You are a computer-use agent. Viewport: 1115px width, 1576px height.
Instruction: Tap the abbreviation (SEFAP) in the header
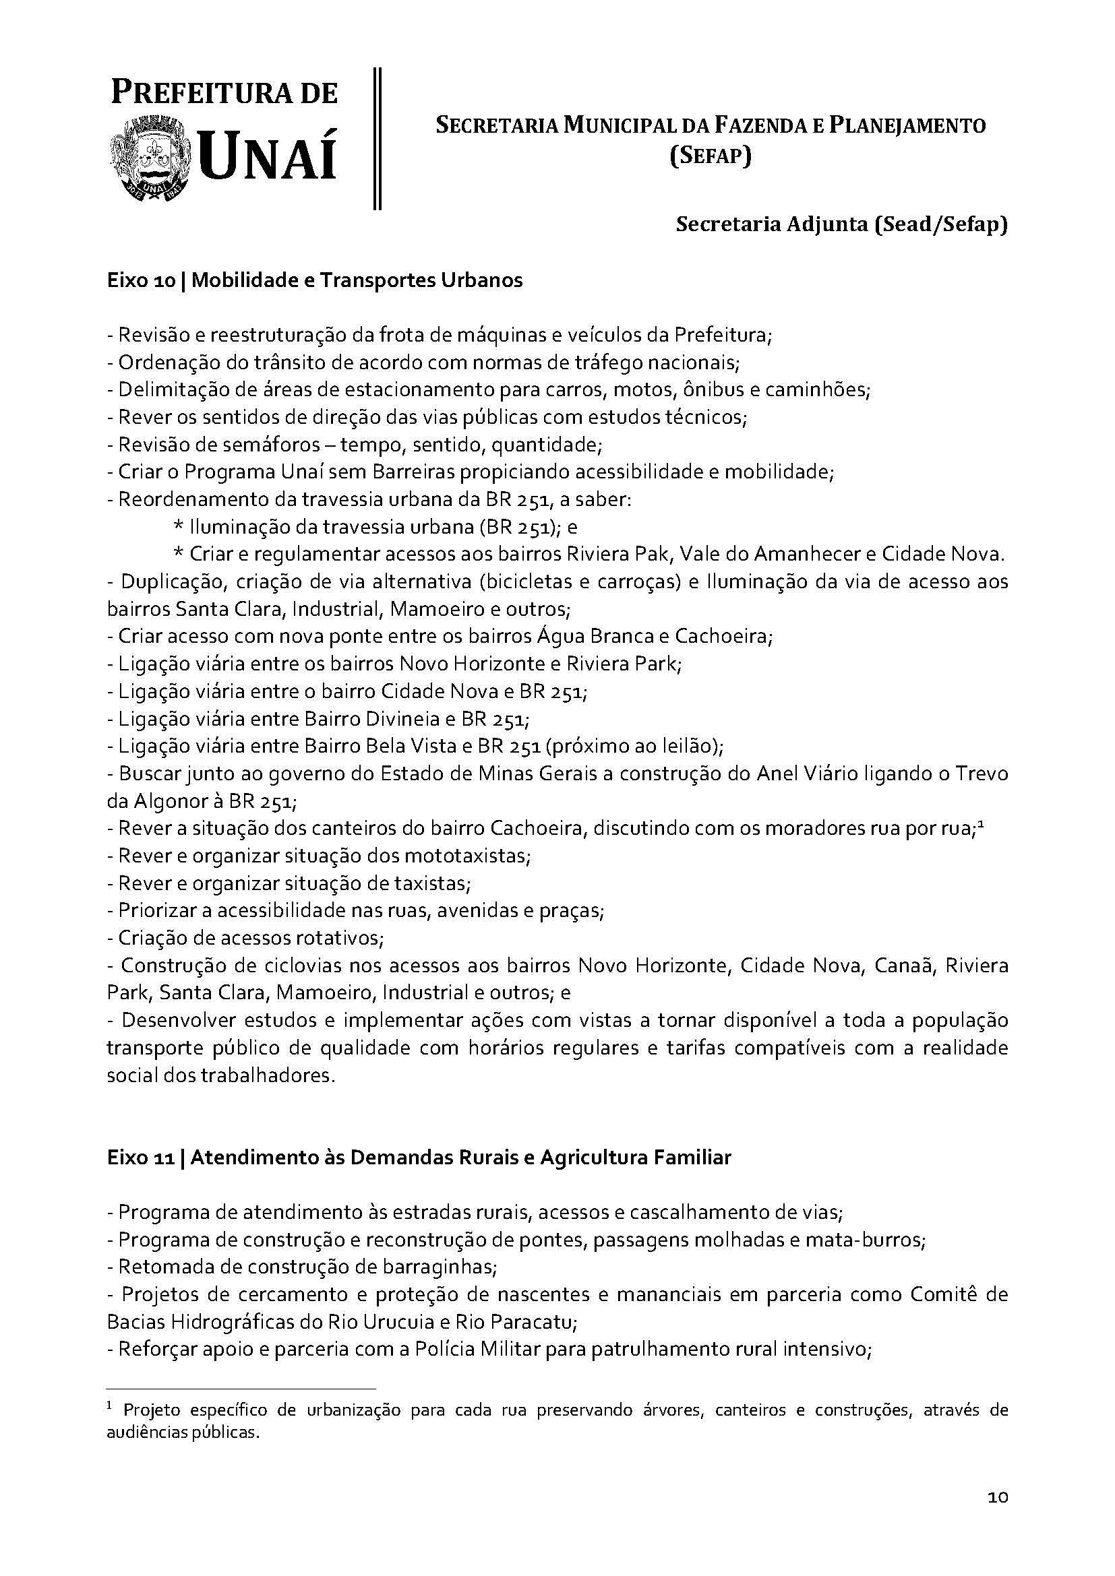click(711, 157)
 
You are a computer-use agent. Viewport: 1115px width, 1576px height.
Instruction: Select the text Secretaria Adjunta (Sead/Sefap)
click(842, 225)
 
